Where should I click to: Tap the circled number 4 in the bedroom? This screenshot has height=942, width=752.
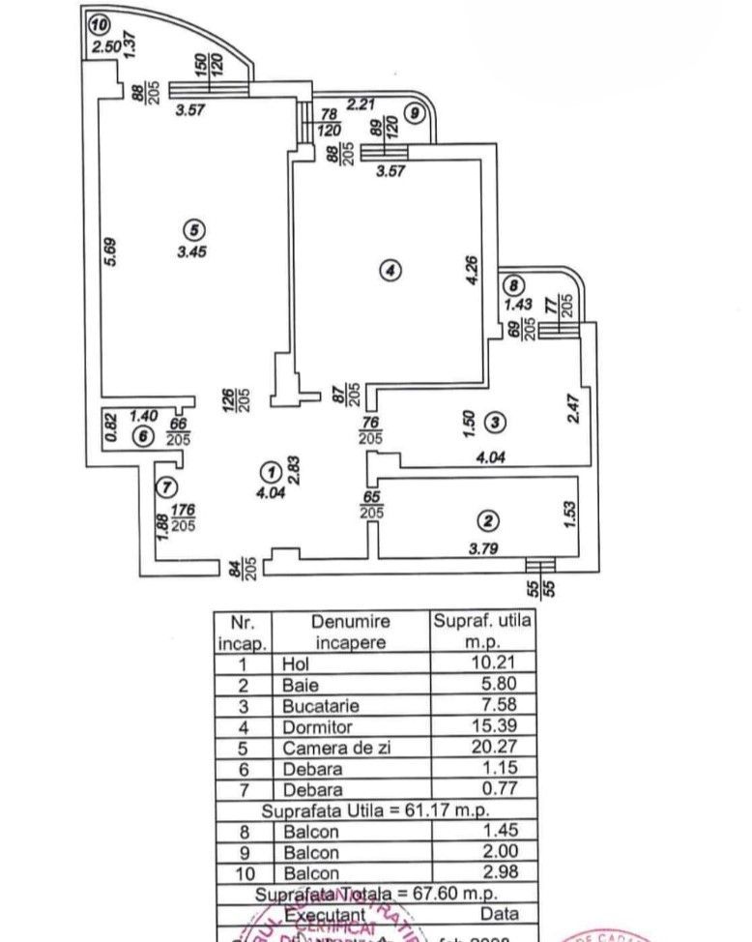click(389, 273)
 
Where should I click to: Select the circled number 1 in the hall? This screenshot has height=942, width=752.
click(272, 471)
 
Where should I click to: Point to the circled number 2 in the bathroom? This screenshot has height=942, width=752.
click(489, 521)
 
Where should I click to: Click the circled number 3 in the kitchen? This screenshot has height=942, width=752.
click(494, 423)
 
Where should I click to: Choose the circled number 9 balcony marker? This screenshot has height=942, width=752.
click(415, 113)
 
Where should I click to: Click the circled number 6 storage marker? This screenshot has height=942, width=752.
click(143, 437)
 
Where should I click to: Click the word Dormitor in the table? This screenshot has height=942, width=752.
click(314, 726)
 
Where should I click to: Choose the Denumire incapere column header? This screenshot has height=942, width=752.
click(350, 632)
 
